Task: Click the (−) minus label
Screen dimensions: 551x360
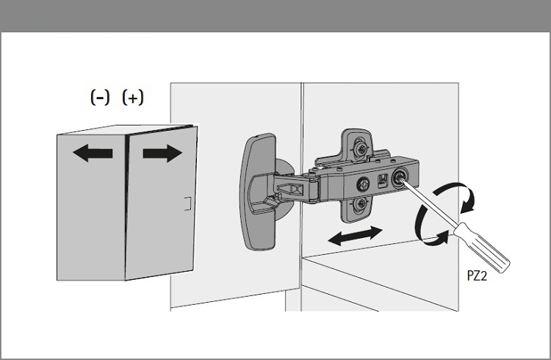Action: [x=100, y=98]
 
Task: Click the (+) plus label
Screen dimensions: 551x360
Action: [x=133, y=98]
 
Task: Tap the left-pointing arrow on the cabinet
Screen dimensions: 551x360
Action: [x=93, y=154]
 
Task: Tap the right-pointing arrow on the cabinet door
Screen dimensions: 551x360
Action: [x=162, y=154]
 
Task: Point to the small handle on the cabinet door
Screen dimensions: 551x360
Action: [x=188, y=204]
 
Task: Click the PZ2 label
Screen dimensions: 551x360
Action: [x=477, y=276]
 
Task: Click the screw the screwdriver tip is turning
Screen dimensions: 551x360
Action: [x=400, y=179]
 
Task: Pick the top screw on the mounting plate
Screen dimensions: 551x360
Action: [x=360, y=147]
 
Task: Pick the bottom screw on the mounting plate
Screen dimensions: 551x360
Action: [x=360, y=204]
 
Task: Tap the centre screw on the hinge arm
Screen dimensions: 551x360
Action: [x=363, y=184]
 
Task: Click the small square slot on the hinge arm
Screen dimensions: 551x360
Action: [x=381, y=180]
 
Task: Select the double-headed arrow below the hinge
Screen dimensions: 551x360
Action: [x=355, y=236]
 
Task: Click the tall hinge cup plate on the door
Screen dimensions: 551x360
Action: [x=259, y=192]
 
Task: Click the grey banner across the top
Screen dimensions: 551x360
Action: [x=275, y=16]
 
